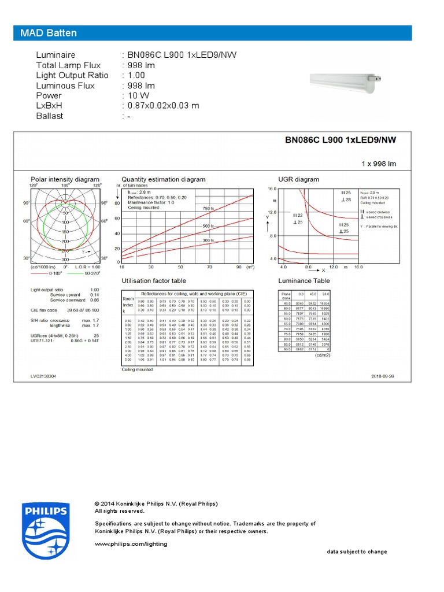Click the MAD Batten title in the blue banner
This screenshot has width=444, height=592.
(x=49, y=33)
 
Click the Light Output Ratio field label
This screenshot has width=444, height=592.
(x=72, y=75)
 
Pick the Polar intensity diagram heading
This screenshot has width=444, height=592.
(x=65, y=179)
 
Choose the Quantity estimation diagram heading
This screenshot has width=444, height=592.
(x=164, y=179)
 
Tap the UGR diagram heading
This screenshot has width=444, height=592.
(x=298, y=179)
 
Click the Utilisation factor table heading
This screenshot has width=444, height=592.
(x=154, y=280)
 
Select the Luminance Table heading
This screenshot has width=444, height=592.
(x=304, y=280)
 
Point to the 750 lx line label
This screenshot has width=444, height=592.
(x=208, y=208)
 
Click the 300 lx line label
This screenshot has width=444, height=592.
(x=208, y=240)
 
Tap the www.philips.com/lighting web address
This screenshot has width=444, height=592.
(x=131, y=543)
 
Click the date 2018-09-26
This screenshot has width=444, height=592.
(x=383, y=376)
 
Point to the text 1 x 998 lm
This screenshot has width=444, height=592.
(x=379, y=164)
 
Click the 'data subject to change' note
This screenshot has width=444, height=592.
(x=357, y=552)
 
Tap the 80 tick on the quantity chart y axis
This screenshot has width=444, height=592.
(x=117, y=203)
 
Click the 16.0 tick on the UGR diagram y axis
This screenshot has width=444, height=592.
(x=272, y=189)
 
